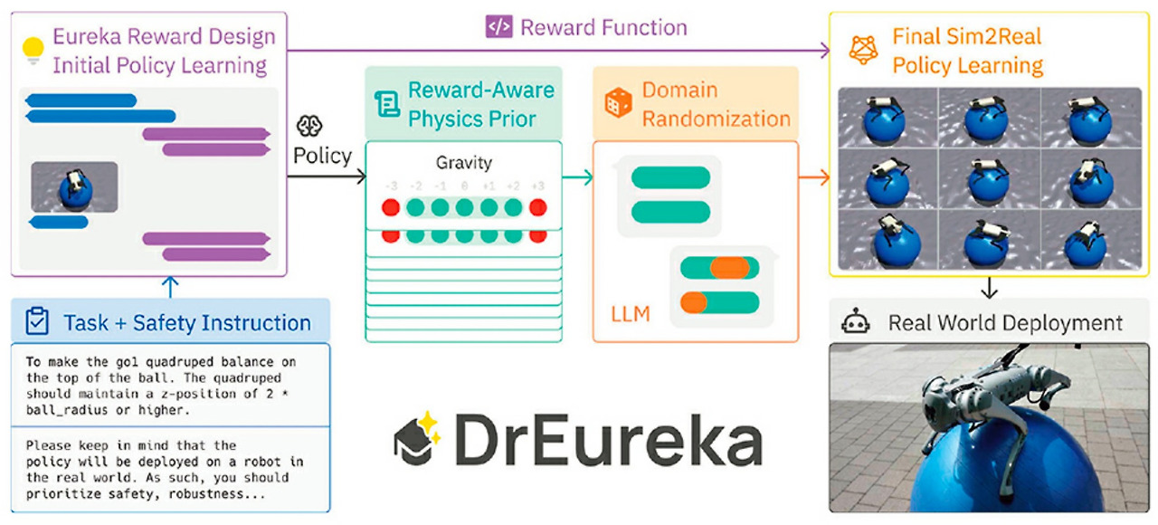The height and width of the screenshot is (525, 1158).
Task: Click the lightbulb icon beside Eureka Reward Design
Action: (x=33, y=50)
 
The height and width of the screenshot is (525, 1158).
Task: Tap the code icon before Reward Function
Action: (x=498, y=27)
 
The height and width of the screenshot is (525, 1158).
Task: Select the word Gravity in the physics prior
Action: (x=463, y=164)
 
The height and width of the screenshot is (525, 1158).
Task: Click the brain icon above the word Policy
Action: (x=309, y=127)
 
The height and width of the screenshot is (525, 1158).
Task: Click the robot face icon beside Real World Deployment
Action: (x=855, y=323)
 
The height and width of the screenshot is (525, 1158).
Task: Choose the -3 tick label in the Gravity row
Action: (x=391, y=186)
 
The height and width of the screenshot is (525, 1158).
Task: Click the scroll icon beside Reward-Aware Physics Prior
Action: (x=386, y=105)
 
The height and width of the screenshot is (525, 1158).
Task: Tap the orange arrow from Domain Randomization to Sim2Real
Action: (x=814, y=177)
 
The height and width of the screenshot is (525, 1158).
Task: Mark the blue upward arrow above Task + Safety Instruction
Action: (x=173, y=287)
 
